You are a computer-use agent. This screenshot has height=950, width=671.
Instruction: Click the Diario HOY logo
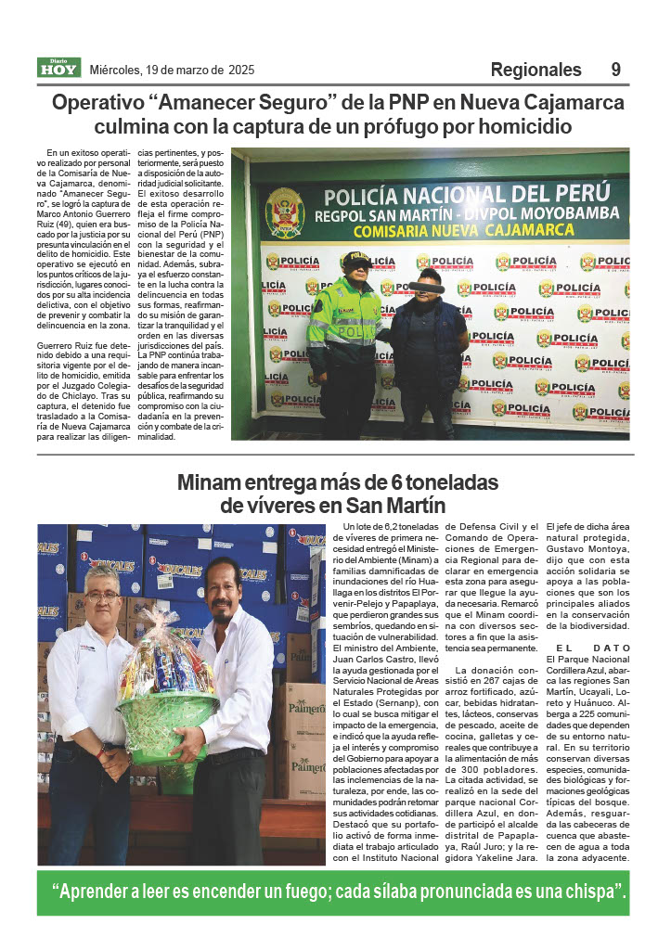point(58,68)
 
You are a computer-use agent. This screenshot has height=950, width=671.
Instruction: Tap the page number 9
point(616,70)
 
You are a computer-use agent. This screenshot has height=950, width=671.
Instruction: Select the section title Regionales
point(536,70)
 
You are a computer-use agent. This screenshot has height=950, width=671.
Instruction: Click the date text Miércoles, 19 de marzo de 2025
point(172,70)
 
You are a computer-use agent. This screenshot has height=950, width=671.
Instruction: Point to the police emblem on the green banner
point(284,212)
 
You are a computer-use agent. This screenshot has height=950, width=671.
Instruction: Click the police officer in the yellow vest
point(345,334)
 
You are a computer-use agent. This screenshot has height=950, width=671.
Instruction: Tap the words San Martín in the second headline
point(399,507)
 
